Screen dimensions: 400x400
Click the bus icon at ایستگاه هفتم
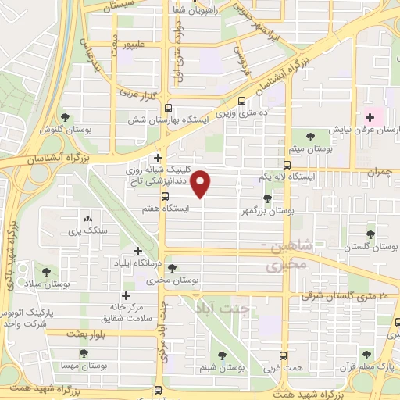(x=164, y=196)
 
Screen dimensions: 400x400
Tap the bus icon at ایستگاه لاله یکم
(x=287, y=165)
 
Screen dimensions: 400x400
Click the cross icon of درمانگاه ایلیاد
(x=138, y=252)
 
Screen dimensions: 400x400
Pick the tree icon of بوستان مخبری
(x=172, y=267)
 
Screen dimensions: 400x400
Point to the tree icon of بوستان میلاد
(x=47, y=271)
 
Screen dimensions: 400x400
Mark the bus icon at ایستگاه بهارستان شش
(x=241, y=101)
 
